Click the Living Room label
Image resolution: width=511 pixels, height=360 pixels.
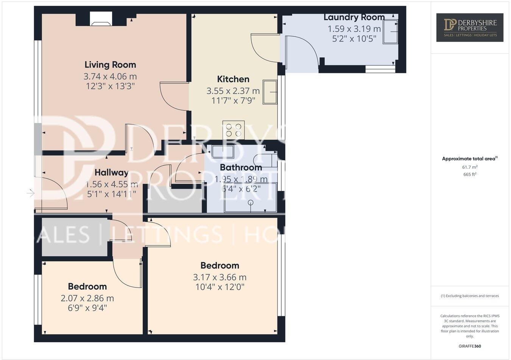(110, 65)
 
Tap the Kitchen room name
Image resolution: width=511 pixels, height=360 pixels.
(233, 79)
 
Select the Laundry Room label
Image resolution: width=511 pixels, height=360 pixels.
(354, 17)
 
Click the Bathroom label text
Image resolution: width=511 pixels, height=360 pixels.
(241, 167)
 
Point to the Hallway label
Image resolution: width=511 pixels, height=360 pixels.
(111, 172)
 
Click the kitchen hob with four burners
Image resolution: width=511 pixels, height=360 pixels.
(233, 130)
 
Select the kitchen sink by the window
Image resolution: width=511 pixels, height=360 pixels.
(270, 92)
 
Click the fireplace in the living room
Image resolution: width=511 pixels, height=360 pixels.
(101, 19)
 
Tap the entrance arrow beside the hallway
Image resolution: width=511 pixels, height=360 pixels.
(31, 193)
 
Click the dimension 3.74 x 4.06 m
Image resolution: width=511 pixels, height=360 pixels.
(110, 76)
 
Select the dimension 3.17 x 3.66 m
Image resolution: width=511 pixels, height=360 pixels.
(220, 277)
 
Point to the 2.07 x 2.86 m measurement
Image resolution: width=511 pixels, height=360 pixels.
(87, 298)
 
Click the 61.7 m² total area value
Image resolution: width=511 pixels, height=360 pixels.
(469, 167)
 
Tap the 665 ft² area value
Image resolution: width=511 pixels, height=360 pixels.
(469, 174)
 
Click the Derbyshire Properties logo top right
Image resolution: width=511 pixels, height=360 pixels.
(469, 27)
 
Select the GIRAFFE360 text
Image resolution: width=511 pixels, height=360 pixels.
(469, 346)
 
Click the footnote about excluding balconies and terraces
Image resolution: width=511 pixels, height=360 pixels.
(469, 296)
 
